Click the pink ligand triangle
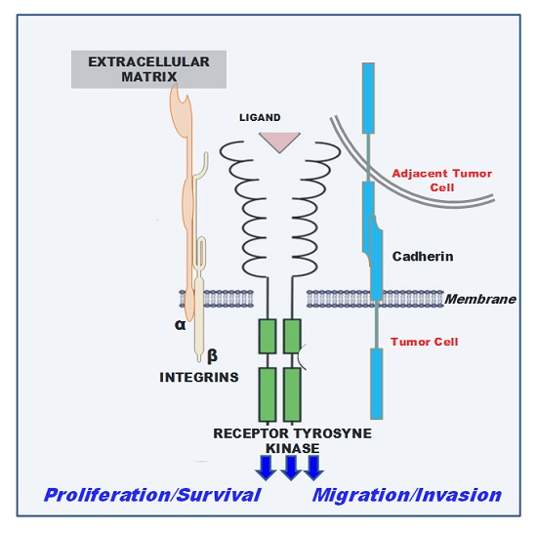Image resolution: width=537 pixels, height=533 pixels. point(278,141)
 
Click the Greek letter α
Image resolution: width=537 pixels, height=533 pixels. point(180,325)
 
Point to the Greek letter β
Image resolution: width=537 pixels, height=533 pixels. point(212,355)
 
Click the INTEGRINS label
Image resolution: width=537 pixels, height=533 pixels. point(198,377)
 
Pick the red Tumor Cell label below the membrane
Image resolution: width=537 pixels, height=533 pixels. point(424,342)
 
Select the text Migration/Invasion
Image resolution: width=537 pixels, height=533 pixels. point(406,495)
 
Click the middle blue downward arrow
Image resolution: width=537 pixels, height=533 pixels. point(291,467)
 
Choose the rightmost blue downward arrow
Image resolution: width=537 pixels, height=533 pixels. point(313,467)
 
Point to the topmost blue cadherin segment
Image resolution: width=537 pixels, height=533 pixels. point(367,98)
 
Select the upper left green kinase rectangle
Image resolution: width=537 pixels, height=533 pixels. point(268,337)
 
